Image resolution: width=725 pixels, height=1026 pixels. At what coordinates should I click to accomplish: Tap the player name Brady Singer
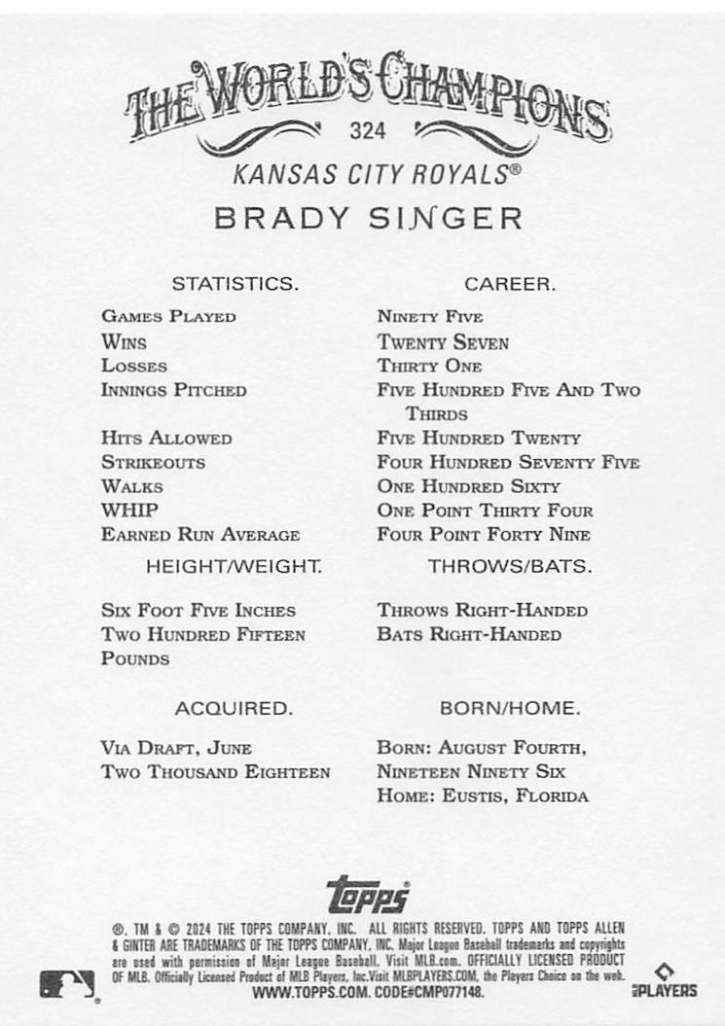[x=368, y=217]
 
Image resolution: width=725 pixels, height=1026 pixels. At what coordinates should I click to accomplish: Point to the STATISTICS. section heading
[x=235, y=284]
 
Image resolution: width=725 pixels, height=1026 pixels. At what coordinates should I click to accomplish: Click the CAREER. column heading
[x=510, y=284]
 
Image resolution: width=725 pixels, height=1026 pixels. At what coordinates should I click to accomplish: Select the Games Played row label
[x=168, y=316]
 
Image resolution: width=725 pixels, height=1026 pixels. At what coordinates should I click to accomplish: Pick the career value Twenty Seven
[x=443, y=342]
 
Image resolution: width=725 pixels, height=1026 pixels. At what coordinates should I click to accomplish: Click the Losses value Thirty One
[x=429, y=367]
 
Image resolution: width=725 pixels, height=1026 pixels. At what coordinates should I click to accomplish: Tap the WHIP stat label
[x=129, y=511]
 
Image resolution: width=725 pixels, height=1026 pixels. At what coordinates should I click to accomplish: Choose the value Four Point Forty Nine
[x=484, y=535]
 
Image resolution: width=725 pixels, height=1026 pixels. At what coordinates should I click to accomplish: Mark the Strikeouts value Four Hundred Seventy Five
[x=508, y=463]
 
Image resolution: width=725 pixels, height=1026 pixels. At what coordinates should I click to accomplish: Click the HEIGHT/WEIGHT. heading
[x=234, y=565]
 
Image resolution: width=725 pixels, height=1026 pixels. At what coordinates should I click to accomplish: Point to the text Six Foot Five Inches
[x=199, y=611]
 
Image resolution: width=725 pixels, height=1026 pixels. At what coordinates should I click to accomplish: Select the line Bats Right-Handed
[x=469, y=635]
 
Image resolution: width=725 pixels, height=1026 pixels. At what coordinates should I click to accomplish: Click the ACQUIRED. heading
[x=234, y=709]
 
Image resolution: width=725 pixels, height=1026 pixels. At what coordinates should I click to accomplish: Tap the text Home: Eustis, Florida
[x=483, y=796]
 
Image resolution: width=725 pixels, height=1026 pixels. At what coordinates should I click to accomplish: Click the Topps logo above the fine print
[x=368, y=893]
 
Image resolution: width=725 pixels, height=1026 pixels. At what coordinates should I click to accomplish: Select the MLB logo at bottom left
[x=67, y=984]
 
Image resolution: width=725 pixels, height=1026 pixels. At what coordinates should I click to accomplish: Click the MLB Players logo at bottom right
[x=672, y=980]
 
